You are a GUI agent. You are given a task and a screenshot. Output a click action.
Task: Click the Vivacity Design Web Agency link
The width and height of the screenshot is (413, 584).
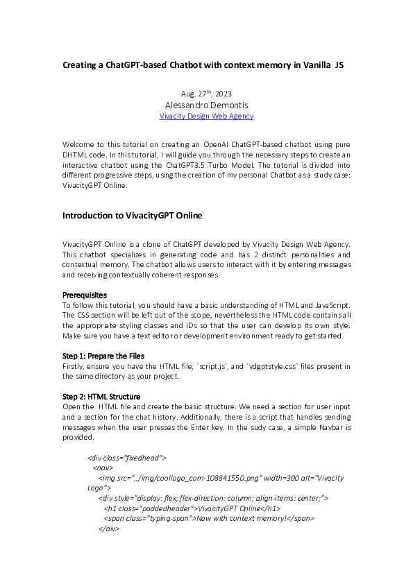(206, 117)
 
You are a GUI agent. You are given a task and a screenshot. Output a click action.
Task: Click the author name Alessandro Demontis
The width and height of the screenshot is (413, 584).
(206, 105)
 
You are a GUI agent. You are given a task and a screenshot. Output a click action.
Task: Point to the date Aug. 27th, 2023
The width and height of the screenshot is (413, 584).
(206, 94)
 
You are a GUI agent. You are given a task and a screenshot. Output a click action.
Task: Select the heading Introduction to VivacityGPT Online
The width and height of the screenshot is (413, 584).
(132, 216)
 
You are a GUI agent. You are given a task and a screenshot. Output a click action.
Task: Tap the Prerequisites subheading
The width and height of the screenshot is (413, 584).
(85, 295)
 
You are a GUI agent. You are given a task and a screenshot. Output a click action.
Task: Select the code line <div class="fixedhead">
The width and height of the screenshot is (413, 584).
(127, 458)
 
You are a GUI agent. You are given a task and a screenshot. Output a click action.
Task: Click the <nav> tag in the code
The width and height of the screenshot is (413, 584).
(103, 468)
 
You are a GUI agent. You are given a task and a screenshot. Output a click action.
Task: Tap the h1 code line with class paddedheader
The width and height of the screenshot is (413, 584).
(192, 508)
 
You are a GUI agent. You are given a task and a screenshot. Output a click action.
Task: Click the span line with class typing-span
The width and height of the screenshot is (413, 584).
(209, 518)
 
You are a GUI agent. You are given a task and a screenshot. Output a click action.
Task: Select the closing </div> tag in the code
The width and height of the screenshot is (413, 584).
(109, 529)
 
